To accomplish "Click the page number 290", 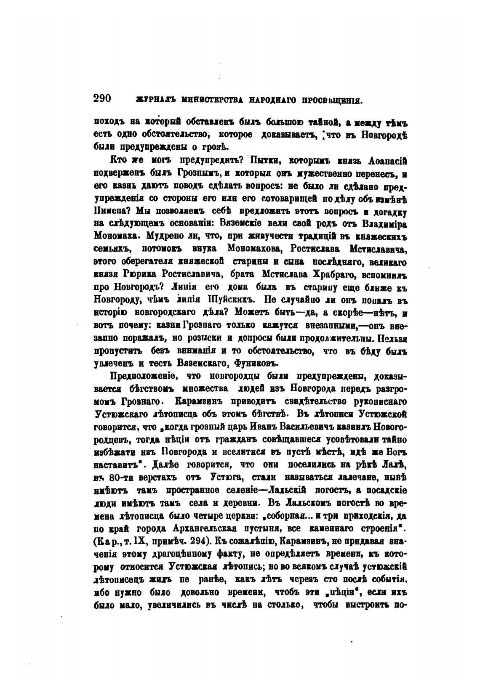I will coord(102,98).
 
